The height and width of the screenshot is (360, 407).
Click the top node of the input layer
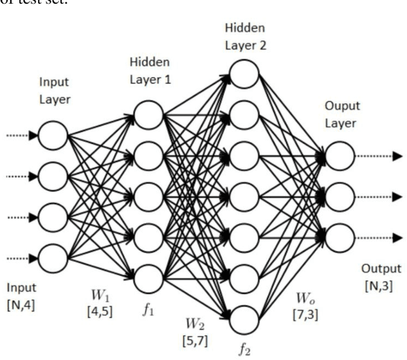pyautogui.click(x=53, y=135)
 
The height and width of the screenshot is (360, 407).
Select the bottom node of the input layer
pyautogui.click(x=53, y=258)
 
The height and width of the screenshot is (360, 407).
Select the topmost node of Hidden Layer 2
pyautogui.click(x=244, y=75)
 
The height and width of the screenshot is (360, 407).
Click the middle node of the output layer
pyautogui.click(x=340, y=197)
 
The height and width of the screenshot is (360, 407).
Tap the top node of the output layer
pyautogui.click(x=340, y=156)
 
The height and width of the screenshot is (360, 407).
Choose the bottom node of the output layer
pyautogui.click(x=340, y=237)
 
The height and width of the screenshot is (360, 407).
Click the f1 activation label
pyautogui.click(x=149, y=295)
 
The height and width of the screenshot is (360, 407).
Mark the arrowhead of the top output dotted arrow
pyautogui.click(x=397, y=156)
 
